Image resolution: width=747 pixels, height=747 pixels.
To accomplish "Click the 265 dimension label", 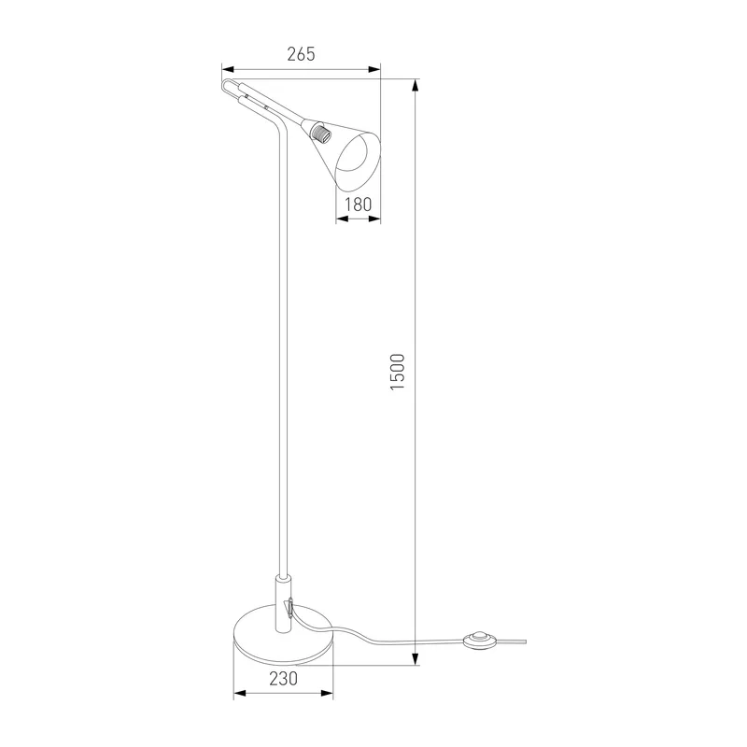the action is click(301, 54).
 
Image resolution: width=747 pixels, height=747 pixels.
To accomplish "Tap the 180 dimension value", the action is click(358, 204).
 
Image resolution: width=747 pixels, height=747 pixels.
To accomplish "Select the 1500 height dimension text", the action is click(398, 372).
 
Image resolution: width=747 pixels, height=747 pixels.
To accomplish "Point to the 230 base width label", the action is click(283, 679).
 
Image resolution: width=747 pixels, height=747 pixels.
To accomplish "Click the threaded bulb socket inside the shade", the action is click(321, 132).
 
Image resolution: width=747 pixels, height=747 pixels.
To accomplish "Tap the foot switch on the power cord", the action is click(480, 639).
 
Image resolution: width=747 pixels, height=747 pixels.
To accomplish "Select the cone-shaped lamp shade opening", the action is click(359, 161).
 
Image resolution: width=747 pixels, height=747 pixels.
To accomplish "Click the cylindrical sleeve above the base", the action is click(283, 604).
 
